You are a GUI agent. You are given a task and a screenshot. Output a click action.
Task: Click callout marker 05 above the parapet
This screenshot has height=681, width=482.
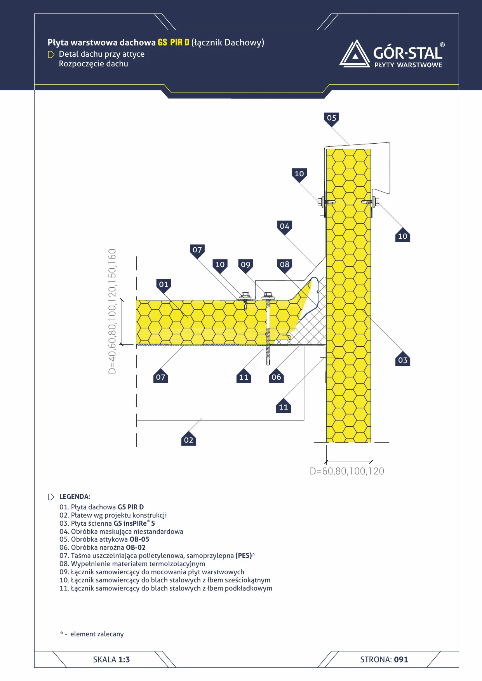coord(331,118)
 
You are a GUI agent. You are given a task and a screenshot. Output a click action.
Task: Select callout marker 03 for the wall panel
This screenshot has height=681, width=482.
coord(403,360)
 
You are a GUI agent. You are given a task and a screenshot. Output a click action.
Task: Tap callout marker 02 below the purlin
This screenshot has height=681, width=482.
coord(188,440)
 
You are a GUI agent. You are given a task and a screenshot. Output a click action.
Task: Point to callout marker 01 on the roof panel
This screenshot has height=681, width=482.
coord(164,285)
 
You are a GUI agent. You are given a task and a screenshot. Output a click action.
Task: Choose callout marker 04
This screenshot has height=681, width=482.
coord(285,227)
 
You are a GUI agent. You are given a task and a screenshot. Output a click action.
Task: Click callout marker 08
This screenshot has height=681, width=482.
coord(285,265)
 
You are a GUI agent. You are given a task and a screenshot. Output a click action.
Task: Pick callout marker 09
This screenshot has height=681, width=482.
coord(245,265)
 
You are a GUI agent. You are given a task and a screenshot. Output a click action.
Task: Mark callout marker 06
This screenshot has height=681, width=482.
coord(276,376)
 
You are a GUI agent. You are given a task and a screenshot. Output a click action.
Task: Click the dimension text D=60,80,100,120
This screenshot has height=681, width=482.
coord(347,471)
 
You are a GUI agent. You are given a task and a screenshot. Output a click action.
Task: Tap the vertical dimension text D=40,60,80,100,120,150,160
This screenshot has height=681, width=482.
coord(112,311)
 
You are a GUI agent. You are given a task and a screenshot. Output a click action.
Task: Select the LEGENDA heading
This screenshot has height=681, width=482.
coord(75,497)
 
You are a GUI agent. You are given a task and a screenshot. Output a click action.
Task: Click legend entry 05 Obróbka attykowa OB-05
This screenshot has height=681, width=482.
coord(104,539)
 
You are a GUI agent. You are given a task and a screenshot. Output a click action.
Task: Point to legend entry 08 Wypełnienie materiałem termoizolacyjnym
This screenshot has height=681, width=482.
coord(132,564)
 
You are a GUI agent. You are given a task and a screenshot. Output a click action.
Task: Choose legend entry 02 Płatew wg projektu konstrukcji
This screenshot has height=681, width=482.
coord(113,515)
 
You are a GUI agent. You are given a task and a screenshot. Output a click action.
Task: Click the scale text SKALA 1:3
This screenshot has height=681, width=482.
coord(111,660)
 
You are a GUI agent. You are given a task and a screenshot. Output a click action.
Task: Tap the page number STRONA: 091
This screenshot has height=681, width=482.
coord(384,660)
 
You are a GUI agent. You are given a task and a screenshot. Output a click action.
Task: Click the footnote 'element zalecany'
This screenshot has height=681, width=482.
coord(97,634)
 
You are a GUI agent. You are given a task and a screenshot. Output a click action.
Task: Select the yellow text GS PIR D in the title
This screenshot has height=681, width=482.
coord(174,42)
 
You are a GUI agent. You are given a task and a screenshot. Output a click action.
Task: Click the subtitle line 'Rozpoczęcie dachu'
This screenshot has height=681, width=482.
coord(94,64)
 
